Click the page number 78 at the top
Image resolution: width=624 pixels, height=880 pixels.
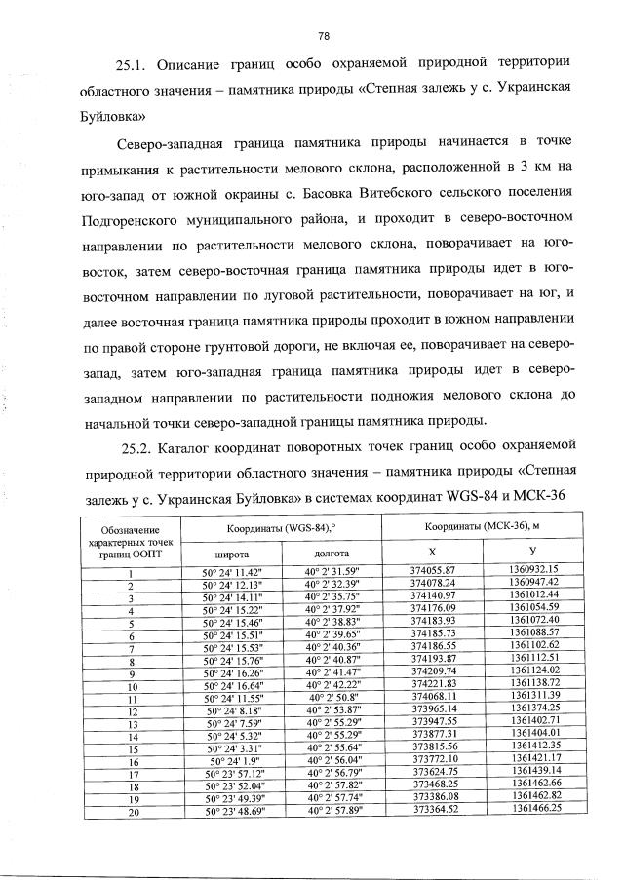tap(323, 36)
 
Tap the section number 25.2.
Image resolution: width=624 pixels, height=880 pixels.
tap(136, 447)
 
